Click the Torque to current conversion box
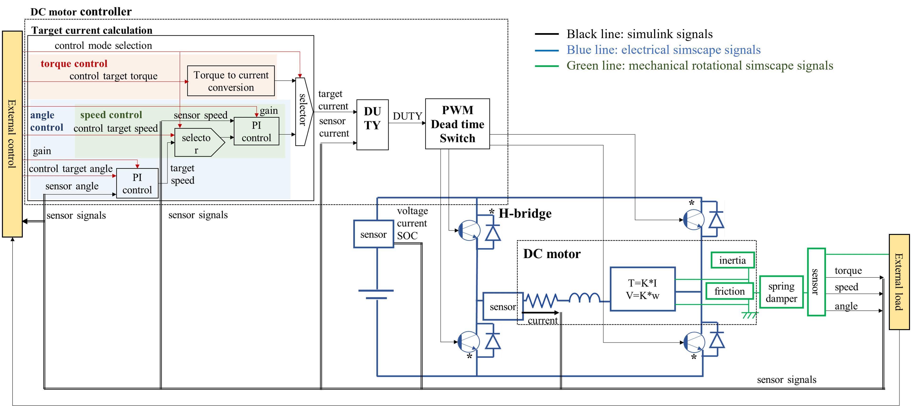[231, 81]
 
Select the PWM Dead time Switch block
[457, 124]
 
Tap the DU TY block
[372, 124]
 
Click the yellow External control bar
[12, 134]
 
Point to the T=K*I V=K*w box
[642, 289]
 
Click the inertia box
[732, 260]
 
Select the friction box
[730, 291]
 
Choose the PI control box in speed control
[256, 131]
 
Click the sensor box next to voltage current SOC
[373, 234]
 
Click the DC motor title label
[552, 254]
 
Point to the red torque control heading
[74, 64]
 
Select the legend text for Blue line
[663, 50]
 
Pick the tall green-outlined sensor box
[816, 282]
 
